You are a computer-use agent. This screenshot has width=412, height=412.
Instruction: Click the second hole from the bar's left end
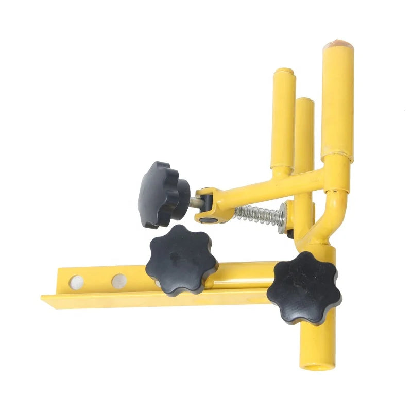pos(118,281)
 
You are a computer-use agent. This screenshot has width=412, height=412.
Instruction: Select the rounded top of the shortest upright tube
pos(284,72)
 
